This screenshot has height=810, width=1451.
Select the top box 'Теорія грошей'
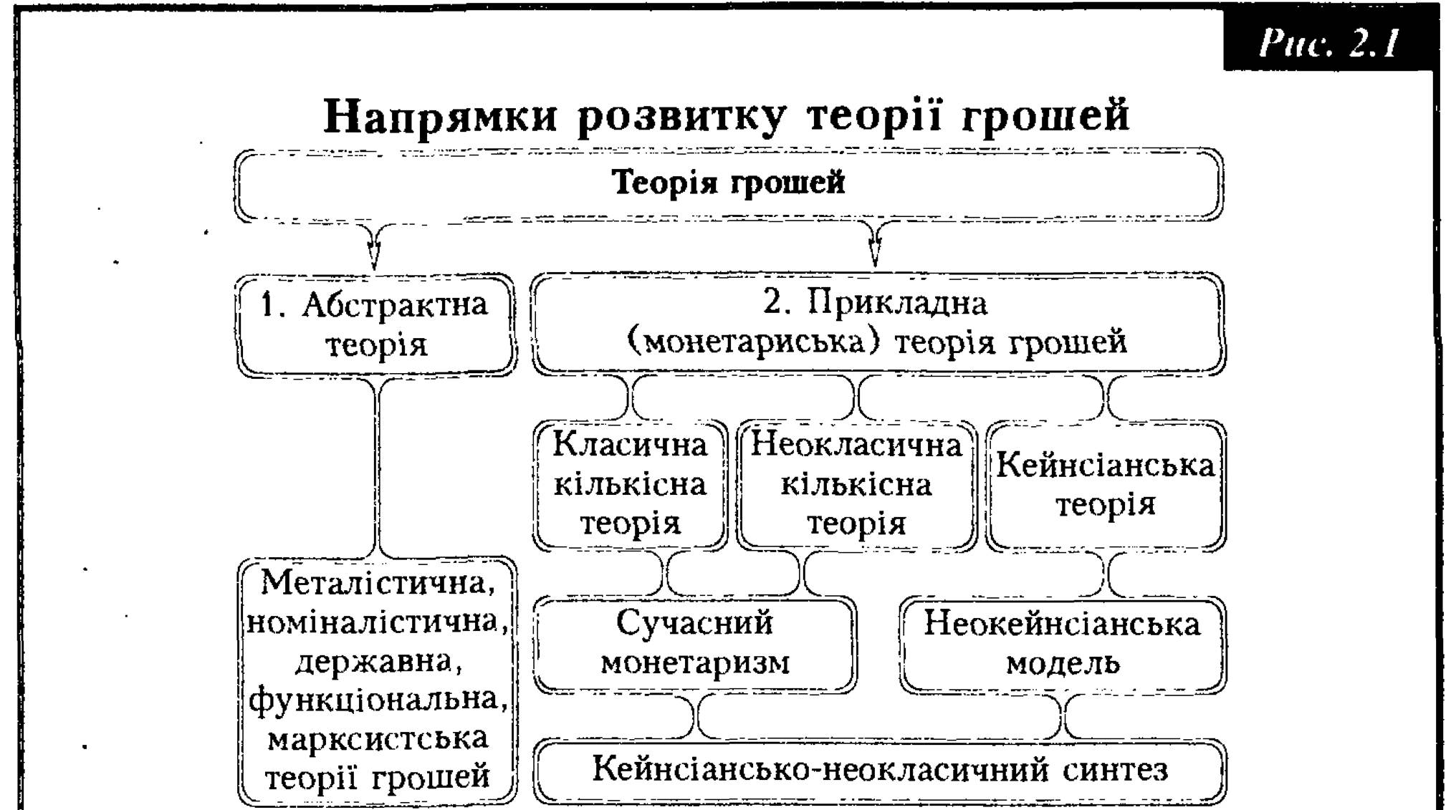pyautogui.click(x=729, y=184)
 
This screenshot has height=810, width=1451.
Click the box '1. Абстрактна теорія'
pyautogui.click(x=376, y=324)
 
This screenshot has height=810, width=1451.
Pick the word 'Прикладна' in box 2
pyautogui.click(x=897, y=304)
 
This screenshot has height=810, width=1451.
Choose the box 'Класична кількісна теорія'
pyautogui.click(x=630, y=486)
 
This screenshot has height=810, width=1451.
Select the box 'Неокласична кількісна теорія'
pyautogui.click(x=856, y=486)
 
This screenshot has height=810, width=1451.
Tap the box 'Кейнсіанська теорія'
pyautogui.click(x=1106, y=486)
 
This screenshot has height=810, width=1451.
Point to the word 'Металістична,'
pyautogui.click(x=378, y=583)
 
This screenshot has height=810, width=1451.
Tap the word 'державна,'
pyautogui.click(x=378, y=661)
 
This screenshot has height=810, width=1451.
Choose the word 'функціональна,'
pyautogui.click(x=378, y=699)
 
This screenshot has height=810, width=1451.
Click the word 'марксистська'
pyautogui.click(x=378, y=738)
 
